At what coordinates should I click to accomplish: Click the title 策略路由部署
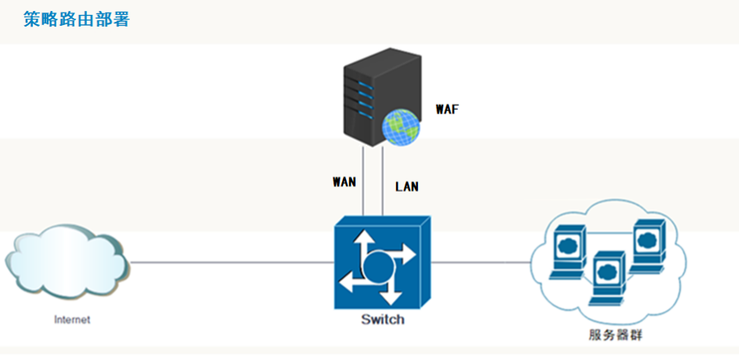pos(77,20)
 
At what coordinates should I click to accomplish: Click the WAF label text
pos(446,110)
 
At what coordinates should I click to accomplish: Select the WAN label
pos(344,182)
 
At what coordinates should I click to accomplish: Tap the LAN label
pos(407,187)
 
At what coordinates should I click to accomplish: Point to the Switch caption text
pos(383,320)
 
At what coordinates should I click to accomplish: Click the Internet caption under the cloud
pos(72,319)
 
